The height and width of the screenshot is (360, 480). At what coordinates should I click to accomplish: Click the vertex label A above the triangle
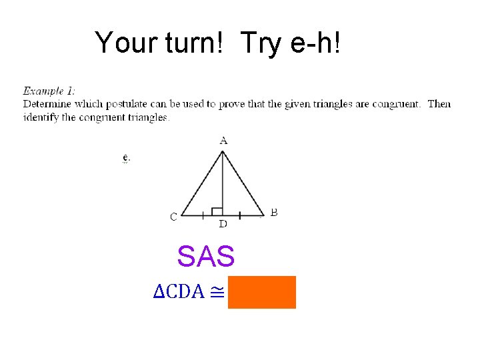[x=223, y=141]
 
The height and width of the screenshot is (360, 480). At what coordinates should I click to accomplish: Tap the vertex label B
[x=274, y=213]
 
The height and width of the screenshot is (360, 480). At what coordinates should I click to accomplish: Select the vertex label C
[x=173, y=216]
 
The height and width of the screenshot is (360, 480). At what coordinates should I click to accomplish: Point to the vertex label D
[x=223, y=223]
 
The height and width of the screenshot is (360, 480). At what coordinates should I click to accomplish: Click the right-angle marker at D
[x=217, y=211]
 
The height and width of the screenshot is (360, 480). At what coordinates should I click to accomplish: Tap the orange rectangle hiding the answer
[x=262, y=292]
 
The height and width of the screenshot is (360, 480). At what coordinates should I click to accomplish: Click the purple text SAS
[x=206, y=256]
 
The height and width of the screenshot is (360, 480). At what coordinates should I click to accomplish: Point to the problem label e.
[x=125, y=158]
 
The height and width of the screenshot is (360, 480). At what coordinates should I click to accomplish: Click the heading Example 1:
[x=49, y=91]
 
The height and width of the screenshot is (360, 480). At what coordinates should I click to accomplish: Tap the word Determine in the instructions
[x=47, y=104]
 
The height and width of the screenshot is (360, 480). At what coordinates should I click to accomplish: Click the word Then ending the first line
[x=439, y=104]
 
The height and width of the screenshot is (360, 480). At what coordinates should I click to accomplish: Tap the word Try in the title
[x=263, y=43]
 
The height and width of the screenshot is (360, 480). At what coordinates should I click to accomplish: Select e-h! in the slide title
[x=319, y=43]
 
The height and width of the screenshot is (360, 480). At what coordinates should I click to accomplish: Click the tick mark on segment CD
[x=202, y=215]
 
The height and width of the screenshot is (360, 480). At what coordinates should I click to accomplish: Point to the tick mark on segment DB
[x=239, y=215]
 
